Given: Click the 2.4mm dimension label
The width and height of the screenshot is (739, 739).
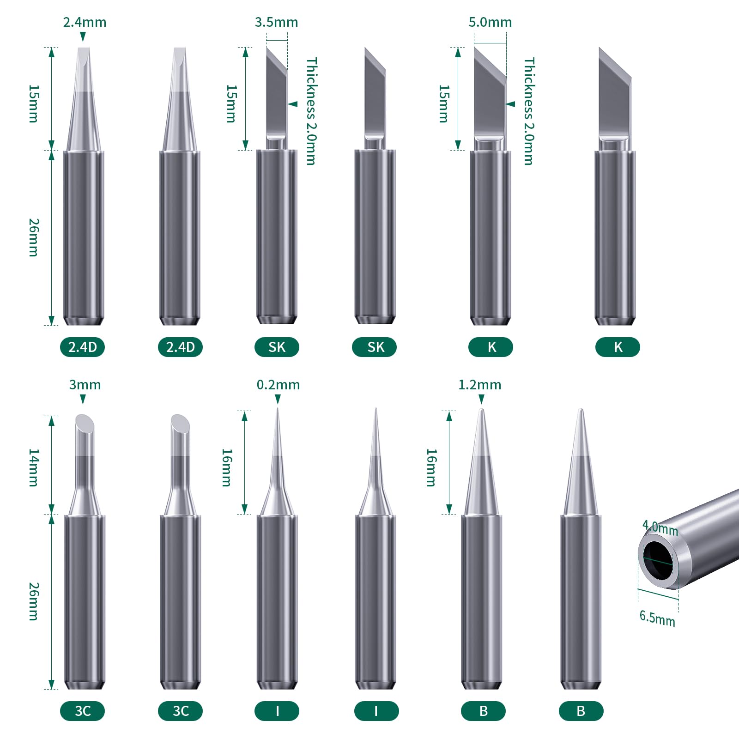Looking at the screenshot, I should coord(85,22).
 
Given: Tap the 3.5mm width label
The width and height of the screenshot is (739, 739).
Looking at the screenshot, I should coord(276,22).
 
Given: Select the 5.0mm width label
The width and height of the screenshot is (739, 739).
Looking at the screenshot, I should coord(490,22).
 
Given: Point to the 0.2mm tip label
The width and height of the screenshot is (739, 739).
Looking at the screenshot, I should coord(278,385).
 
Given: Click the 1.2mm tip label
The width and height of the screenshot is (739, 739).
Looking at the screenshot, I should coord(479,385).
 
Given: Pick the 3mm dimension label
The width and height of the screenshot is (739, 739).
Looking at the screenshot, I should coord(85,385).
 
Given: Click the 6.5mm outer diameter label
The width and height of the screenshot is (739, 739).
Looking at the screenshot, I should coord(657,618).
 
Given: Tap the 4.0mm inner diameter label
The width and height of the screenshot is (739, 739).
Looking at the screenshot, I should coord(660,528).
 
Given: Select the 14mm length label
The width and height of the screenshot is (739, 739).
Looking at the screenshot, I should coord(34,467).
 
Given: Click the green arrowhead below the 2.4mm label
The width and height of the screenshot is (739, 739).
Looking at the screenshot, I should coord(83,37).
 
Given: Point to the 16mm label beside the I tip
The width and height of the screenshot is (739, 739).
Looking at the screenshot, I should coord(226,467).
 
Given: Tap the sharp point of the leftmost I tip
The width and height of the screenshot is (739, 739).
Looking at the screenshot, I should coord(278,409).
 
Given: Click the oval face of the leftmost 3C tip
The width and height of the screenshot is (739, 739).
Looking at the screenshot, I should coord(85,423).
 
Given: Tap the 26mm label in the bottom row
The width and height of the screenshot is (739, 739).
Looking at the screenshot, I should coord(34,601).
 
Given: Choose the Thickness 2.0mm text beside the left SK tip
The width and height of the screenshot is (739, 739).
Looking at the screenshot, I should coord(312,111).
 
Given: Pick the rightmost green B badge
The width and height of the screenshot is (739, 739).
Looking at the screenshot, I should coord(581,711).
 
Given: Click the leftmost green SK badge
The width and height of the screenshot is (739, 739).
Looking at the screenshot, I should coord(277,347).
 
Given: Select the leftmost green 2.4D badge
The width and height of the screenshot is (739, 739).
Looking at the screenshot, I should coord(82,347).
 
